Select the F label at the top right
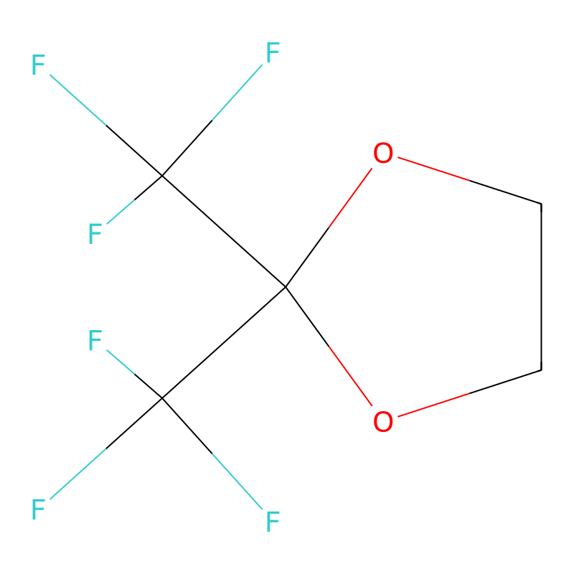pos(273,53)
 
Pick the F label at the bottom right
pos(273,522)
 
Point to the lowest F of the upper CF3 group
pos(95,234)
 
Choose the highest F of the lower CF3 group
pos(95,341)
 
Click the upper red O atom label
pos(383,154)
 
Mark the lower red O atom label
pos(383,421)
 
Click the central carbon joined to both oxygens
pos(286,288)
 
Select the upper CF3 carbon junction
pos(161,176)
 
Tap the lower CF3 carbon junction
pos(161,398)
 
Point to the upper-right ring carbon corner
pos(541,204)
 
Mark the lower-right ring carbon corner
pos(541,370)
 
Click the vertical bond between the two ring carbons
pos(541,287)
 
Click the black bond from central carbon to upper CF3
pos(223,232)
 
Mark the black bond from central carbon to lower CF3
pos(223,343)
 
